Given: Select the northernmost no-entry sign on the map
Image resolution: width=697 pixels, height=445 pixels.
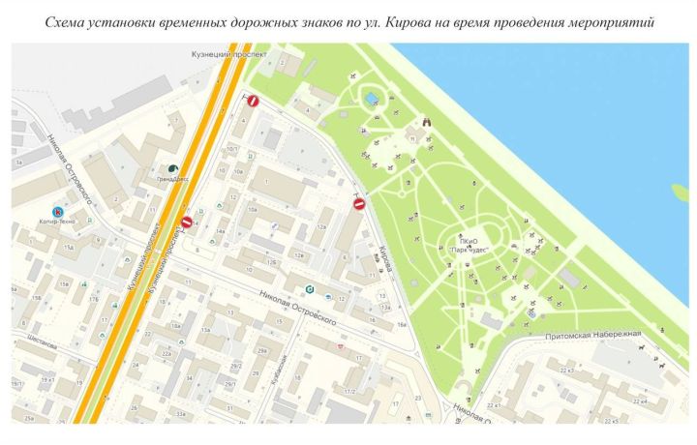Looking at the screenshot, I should [x=253, y=100].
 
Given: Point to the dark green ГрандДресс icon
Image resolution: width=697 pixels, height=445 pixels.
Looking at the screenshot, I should [x=174, y=167].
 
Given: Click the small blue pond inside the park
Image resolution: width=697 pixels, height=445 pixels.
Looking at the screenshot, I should [x=372, y=99].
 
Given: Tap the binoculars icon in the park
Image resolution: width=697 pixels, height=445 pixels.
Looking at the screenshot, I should [x=426, y=123].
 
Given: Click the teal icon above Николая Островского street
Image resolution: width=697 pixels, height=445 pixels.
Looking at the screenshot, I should [x=309, y=288].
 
